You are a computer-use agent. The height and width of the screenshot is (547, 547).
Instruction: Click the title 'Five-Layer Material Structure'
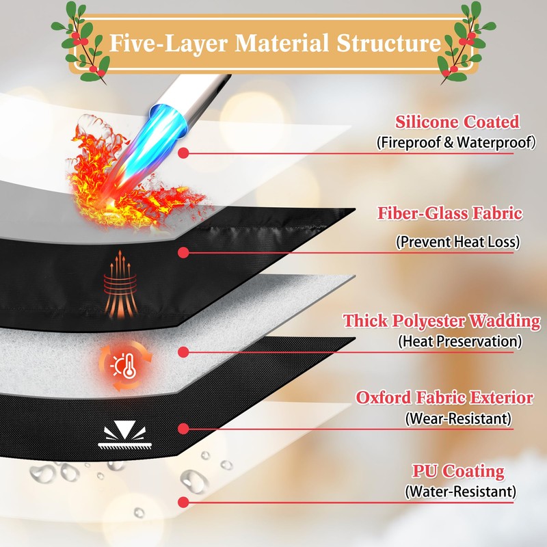coord(275,43)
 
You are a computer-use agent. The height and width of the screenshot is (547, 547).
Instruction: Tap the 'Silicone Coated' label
coord(457,122)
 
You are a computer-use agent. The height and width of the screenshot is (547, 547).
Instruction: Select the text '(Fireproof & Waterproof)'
coord(456,142)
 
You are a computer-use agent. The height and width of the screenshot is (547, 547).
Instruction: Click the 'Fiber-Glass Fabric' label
coord(450,213)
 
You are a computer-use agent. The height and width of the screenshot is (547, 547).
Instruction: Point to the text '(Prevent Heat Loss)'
coord(457,242)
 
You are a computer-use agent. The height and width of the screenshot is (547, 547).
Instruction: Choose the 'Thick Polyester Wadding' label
coord(442,321)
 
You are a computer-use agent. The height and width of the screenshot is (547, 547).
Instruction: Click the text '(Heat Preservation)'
coord(460,341)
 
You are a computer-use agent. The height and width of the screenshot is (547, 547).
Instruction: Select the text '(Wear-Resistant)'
coord(458,418)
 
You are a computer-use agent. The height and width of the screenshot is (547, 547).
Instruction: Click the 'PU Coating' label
coord(458,471)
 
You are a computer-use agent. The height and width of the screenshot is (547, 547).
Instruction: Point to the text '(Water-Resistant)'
coord(460,492)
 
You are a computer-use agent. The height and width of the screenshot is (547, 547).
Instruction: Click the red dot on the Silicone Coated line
coord(183,152)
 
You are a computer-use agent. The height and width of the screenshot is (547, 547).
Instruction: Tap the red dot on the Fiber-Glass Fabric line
coord(183,252)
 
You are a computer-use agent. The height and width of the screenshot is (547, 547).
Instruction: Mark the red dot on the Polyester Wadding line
coord(183,352)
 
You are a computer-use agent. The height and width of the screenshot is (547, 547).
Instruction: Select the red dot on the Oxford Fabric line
coord(183,429)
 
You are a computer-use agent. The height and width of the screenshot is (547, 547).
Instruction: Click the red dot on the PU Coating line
coord(183,503)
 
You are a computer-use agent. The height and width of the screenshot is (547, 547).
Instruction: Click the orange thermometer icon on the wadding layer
coord(126,365)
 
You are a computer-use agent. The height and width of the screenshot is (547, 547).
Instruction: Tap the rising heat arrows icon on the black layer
coord(120,284)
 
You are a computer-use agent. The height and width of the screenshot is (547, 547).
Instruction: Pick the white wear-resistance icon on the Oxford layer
coord(125,435)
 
